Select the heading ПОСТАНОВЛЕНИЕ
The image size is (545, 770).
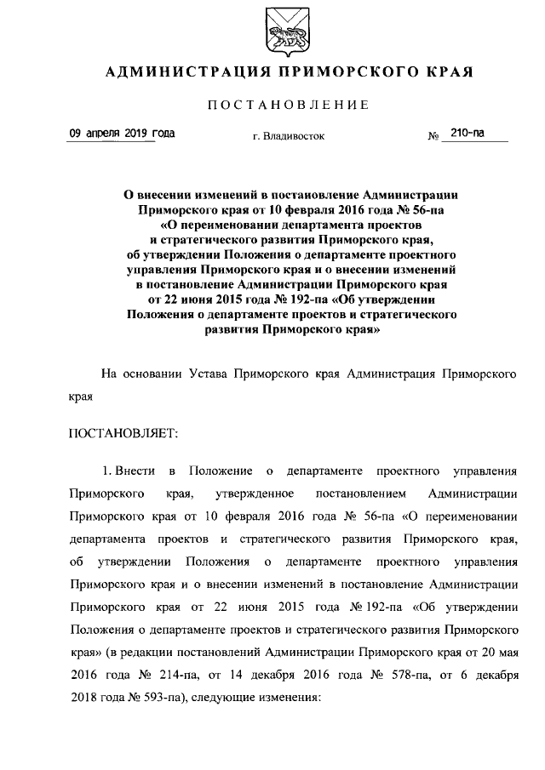(288, 105)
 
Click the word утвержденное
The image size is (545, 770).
(255, 493)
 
